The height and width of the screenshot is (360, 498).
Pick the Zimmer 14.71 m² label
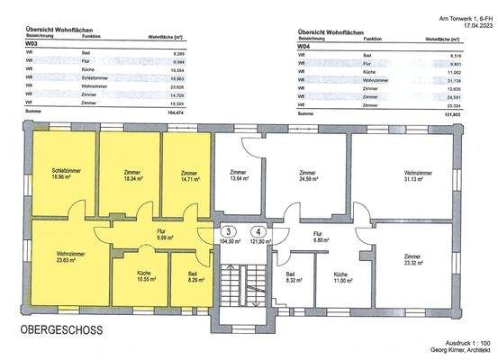(x=188, y=174)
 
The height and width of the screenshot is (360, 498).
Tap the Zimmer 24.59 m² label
(x=307, y=174)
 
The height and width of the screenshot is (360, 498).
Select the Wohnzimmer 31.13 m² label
(x=415, y=174)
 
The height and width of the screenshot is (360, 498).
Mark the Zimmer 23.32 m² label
(x=416, y=257)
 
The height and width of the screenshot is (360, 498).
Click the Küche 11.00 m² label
(x=340, y=276)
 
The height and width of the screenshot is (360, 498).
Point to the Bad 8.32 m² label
(x=290, y=277)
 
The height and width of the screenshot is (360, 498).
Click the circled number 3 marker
(x=230, y=231)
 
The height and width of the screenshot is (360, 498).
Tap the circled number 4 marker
(x=259, y=231)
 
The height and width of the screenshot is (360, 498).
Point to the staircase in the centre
(x=245, y=278)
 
